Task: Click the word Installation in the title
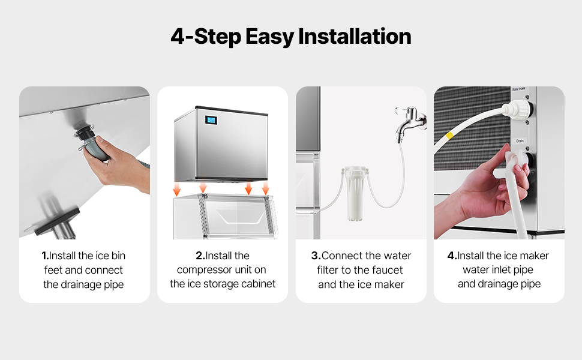coord(355,37)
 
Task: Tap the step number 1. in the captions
coord(45,256)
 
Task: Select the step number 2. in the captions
coord(200,256)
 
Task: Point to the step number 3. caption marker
coord(316,256)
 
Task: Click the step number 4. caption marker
coord(452,256)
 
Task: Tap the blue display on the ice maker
coord(211,120)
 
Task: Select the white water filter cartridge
coord(355,193)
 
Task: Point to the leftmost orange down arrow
coord(176,188)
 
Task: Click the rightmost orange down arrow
coord(265,188)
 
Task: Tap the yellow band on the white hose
coord(449,135)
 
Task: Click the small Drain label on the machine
coord(520,141)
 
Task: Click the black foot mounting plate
coord(58,221)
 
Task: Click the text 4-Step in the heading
coord(206,37)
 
